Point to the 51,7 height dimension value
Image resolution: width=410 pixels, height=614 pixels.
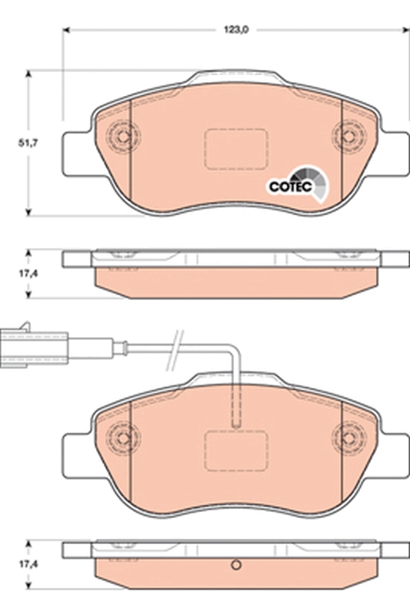click(28, 142)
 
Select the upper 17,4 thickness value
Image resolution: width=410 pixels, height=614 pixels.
click(28, 272)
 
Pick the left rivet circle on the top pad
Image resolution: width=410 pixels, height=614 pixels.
click(120, 136)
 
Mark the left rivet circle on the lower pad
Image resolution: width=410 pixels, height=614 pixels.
click(120, 437)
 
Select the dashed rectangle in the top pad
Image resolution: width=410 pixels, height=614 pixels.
click(234, 147)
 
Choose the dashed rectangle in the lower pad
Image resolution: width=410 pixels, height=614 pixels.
click(234, 448)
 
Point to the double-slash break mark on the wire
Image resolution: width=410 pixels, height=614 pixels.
click(177, 339)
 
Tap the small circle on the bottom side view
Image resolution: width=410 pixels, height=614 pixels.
click(236, 568)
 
